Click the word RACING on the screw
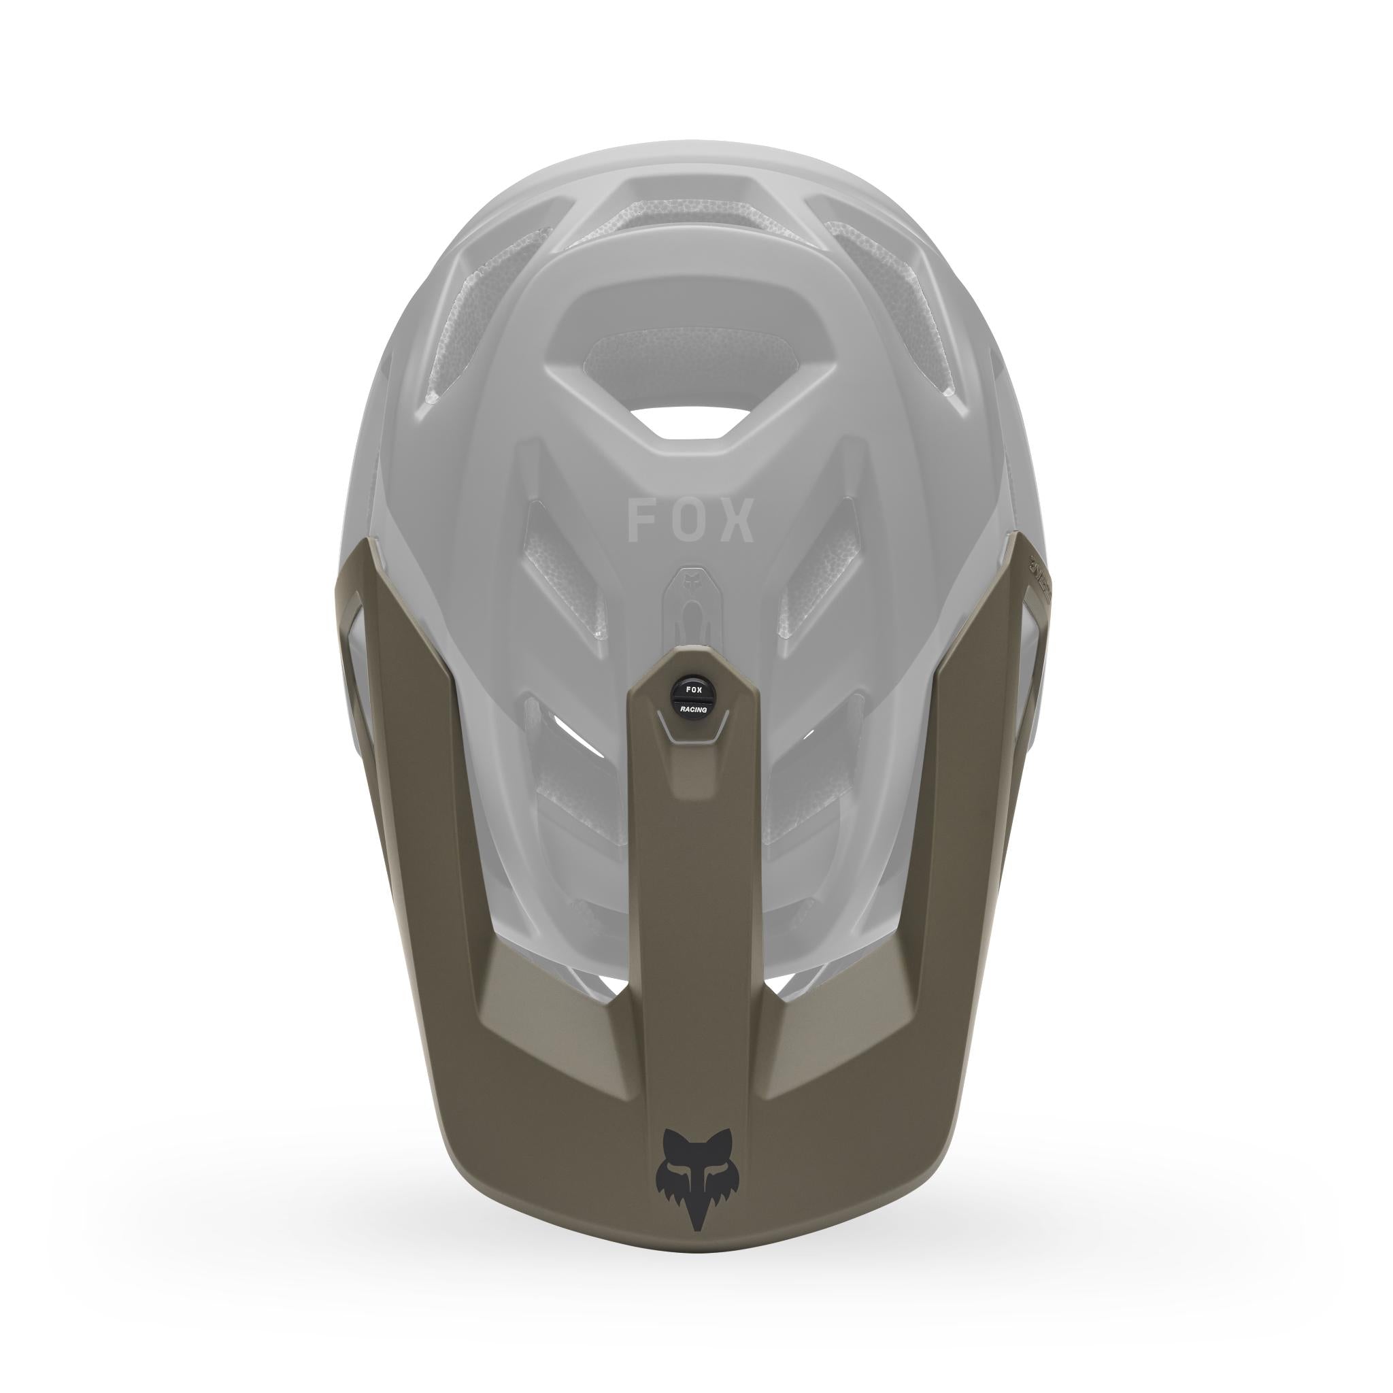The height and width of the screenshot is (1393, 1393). [x=693, y=709]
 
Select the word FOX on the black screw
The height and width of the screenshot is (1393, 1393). [x=693, y=690]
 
